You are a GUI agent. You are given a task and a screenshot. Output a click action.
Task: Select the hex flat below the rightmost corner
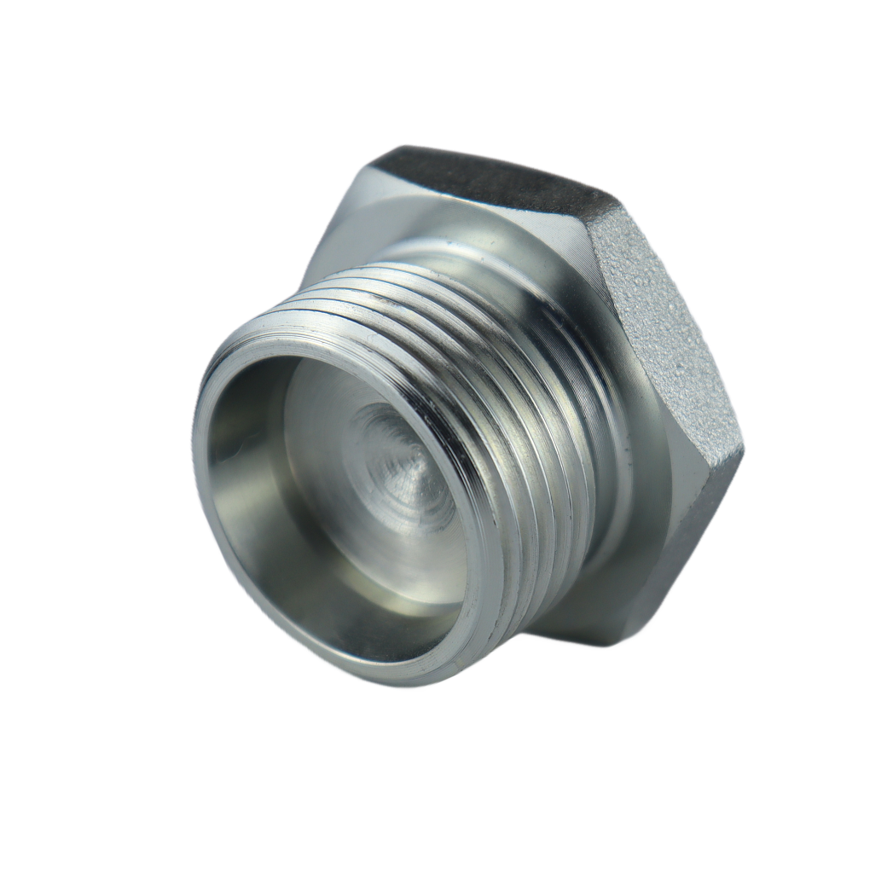pyautogui.click(x=682, y=546)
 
